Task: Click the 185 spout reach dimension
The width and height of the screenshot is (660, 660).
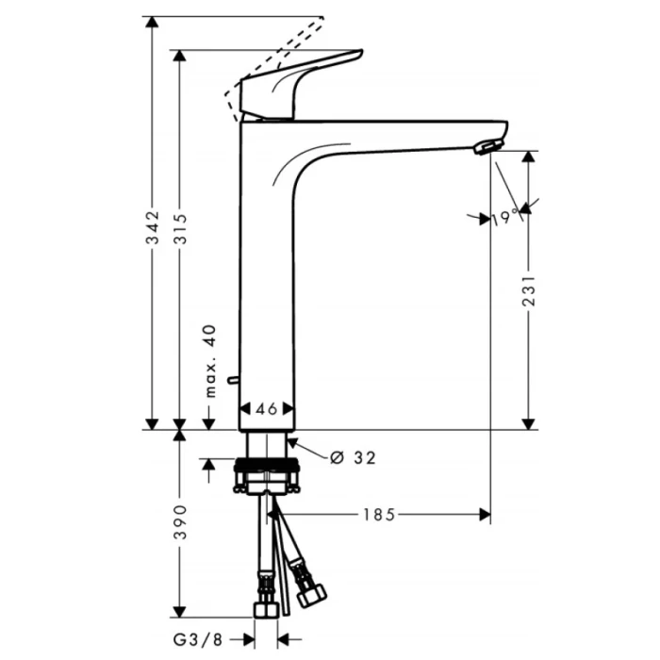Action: click(377, 514)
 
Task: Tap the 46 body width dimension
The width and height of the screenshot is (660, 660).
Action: click(267, 409)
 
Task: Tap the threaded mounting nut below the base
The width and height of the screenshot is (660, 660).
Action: click(268, 466)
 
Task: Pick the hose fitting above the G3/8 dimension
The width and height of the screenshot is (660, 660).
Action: click(267, 602)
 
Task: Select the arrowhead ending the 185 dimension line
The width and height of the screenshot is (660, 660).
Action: click(485, 514)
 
